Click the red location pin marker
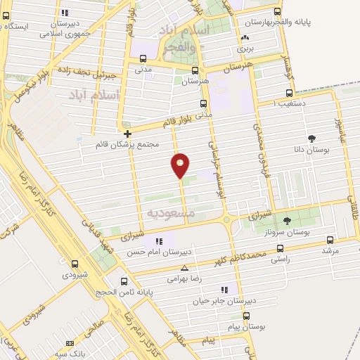tap(181, 165)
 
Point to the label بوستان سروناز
tap(288, 231)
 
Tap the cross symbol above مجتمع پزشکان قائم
tap(127, 134)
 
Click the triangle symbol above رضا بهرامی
tap(184, 268)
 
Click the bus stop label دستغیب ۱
tap(289, 104)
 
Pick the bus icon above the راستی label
tap(281, 247)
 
